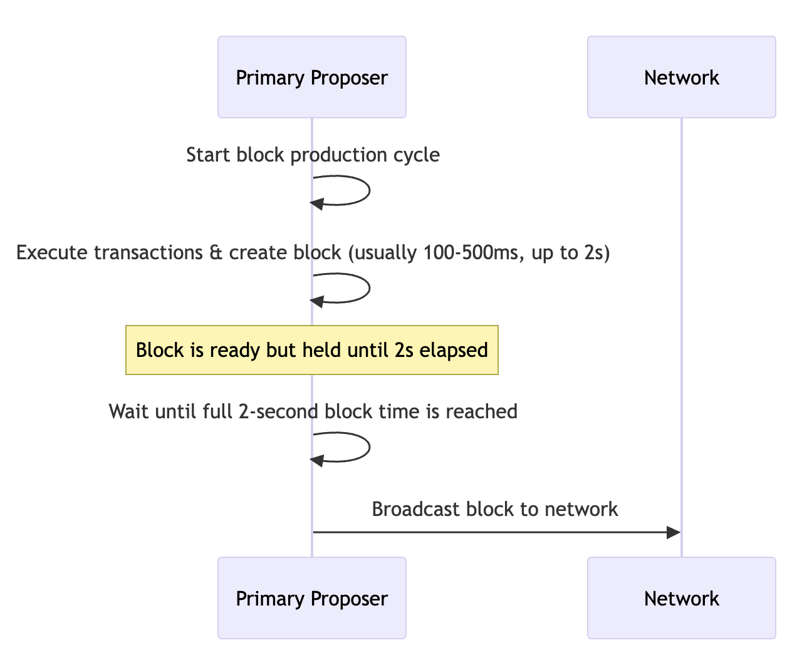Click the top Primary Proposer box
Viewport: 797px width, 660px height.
312,77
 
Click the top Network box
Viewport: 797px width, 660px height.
681,77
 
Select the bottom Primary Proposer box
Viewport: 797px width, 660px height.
312,598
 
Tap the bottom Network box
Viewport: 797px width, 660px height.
681,598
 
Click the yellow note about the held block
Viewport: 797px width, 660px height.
312,350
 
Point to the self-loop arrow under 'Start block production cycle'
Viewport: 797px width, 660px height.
369,190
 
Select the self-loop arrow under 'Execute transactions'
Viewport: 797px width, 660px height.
369,288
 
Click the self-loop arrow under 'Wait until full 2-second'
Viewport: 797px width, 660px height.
369,447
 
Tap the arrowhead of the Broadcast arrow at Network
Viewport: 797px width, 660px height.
674,532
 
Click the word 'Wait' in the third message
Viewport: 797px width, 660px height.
128,411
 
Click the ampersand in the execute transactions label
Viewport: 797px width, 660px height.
216,252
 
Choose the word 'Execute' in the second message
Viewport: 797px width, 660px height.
52,252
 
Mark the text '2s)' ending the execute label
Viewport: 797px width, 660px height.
597,252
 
